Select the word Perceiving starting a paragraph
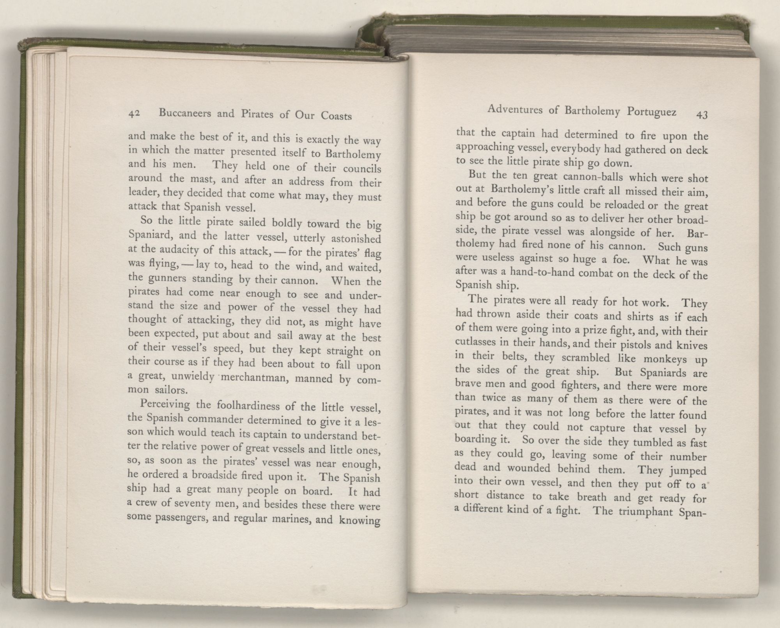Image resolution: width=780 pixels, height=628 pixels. (x=165, y=404)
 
